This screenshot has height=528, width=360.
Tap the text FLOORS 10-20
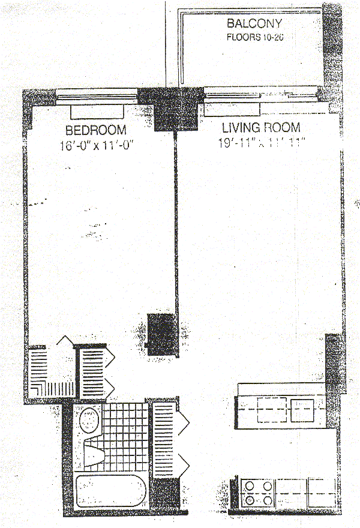coord(253,37)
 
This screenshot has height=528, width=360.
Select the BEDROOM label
coord(96,130)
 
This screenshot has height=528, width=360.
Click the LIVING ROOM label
coord(261,128)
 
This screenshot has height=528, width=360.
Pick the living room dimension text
coord(263,143)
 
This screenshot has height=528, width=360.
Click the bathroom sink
coord(90,419)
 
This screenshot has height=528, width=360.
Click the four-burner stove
coord(257,491)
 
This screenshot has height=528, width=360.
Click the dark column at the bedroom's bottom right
coord(161,335)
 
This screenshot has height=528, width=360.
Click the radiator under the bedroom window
coord(98,112)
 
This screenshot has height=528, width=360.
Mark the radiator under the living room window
coord(232,109)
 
